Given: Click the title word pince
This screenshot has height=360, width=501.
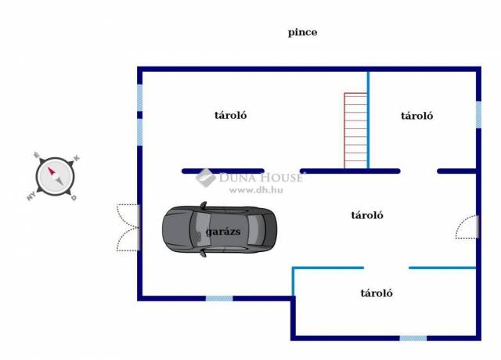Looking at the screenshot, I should [302, 33].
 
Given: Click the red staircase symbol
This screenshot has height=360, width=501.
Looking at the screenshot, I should [355, 130].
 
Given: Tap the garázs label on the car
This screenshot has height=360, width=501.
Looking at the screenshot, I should [223, 233].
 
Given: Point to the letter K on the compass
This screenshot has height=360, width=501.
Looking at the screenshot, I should [77, 159].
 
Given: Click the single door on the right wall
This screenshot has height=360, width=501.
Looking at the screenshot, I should [468, 227].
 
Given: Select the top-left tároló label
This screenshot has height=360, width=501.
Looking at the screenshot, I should [231, 115].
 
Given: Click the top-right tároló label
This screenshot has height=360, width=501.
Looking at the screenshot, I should [417, 115].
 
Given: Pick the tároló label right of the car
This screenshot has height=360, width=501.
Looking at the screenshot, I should [366, 215].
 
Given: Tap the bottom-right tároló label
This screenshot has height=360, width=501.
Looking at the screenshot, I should [377, 293].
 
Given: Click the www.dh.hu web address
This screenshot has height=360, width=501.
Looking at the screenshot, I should [255, 189].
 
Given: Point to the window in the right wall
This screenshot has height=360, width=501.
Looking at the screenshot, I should [478, 114].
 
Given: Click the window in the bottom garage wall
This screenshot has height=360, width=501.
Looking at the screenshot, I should [219, 298].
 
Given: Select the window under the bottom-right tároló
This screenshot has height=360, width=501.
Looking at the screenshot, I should [413, 338].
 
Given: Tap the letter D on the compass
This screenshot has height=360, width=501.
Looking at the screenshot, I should [74, 198].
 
